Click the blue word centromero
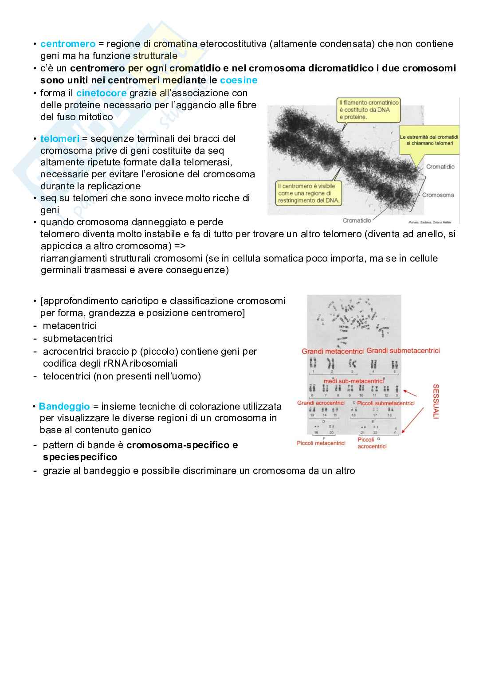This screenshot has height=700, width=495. coord(67,44)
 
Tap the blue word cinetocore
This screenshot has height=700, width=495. coord(101,93)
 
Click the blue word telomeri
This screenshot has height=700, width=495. coord(59,139)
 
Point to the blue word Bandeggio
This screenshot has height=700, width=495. coord(64,407)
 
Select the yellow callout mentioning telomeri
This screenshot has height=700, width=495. coord(428,140)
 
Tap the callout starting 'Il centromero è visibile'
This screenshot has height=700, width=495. coord(308,193)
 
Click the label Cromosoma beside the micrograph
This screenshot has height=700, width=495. coord(438,195)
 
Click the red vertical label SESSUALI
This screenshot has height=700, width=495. coord(436,401)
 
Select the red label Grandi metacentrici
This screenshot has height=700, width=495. coord(332,352)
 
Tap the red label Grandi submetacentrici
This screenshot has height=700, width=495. coord(403,351)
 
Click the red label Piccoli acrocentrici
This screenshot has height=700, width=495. coord(372,443)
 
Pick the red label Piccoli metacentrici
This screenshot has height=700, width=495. coord(321,443)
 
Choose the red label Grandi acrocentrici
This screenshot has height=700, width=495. coord(321,403)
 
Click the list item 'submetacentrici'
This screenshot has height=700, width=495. coord(78,339)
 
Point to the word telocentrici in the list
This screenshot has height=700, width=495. coord(68,376)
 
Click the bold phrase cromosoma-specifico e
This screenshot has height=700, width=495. coord(182,445)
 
